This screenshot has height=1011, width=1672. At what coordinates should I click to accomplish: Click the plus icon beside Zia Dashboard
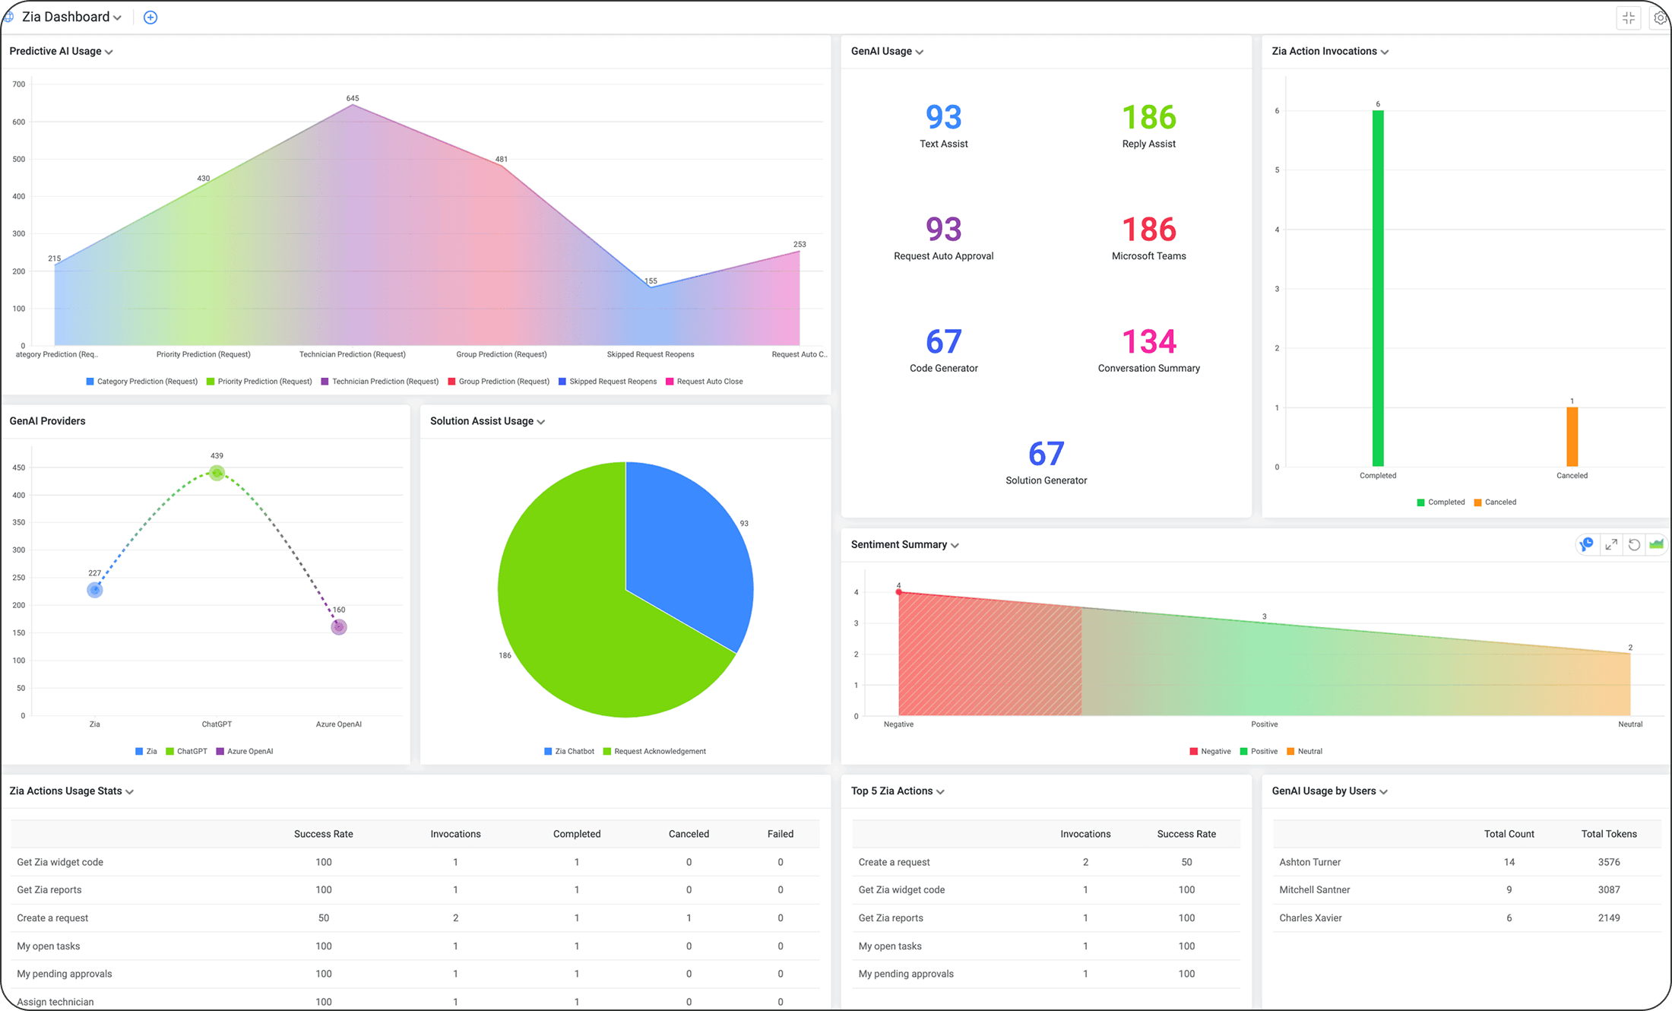150,17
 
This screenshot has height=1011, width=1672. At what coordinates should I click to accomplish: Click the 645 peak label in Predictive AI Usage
353,98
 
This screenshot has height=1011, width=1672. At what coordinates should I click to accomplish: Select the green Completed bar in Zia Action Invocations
1377,289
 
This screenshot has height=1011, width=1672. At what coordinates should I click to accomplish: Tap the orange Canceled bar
1572,437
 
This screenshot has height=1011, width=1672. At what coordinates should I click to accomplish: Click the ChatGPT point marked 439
217,473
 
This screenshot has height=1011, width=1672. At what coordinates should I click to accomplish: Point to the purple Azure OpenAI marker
339,627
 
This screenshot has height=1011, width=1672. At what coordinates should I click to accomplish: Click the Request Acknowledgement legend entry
659,752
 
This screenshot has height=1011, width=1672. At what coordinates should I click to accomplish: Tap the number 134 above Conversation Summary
1148,342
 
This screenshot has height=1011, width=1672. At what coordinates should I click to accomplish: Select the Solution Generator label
1046,480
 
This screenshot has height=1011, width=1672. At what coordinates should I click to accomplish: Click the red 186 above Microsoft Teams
1148,230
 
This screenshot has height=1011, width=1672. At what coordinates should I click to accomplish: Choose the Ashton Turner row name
1309,862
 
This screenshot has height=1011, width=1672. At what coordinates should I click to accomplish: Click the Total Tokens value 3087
1608,890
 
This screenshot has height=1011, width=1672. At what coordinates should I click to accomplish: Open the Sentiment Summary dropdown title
904,545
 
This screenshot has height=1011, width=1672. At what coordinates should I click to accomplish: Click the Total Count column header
1509,834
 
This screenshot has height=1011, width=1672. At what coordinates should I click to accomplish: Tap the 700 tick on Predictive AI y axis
19,84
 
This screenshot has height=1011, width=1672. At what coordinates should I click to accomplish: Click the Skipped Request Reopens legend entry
612,382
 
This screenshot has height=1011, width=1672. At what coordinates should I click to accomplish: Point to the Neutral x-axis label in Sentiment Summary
1629,724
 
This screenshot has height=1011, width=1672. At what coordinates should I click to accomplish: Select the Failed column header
780,834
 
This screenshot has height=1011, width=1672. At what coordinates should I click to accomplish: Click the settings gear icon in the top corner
1660,18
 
